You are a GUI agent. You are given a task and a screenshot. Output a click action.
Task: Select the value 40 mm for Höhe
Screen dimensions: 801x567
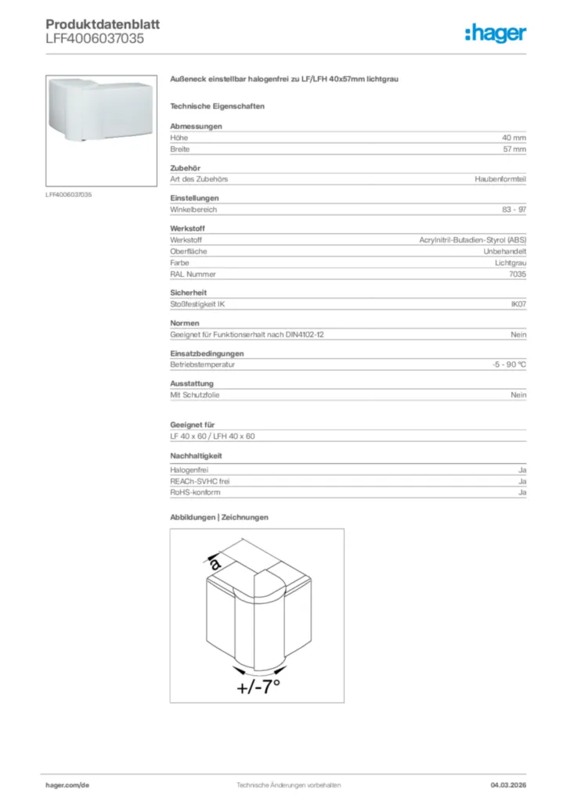coord(514,138)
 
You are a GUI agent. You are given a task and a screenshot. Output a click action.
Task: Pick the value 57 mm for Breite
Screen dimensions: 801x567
coord(514,149)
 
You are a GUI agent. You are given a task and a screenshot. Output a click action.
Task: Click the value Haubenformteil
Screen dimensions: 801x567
coord(500,179)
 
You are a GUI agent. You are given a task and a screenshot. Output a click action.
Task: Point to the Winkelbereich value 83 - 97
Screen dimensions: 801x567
coord(514,210)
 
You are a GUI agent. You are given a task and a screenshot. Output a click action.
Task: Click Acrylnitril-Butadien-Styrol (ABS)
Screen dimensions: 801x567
coord(472,240)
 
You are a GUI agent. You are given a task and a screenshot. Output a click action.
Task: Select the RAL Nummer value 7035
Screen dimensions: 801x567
coord(517,275)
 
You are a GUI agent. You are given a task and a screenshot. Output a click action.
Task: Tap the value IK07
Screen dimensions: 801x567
coord(518,304)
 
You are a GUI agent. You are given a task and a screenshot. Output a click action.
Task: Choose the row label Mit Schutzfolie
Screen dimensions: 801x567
coord(195,395)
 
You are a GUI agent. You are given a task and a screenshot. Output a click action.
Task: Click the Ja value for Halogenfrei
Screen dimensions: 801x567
coord(522,470)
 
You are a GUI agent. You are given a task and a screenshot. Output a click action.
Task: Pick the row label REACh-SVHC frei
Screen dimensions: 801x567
coord(200,482)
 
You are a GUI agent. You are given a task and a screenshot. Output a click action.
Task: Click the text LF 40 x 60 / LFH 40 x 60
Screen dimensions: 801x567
coord(212,436)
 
